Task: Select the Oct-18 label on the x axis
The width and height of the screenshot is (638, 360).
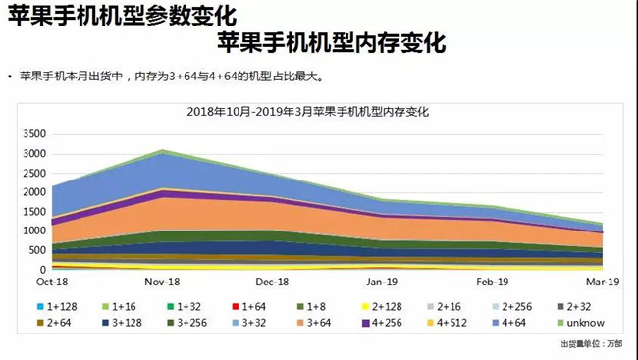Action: tap(52, 281)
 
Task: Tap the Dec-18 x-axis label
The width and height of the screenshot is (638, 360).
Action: tap(274, 281)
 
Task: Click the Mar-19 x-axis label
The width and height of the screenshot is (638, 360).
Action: tap(599, 281)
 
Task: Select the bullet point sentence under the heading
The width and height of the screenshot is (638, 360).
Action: tap(167, 76)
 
